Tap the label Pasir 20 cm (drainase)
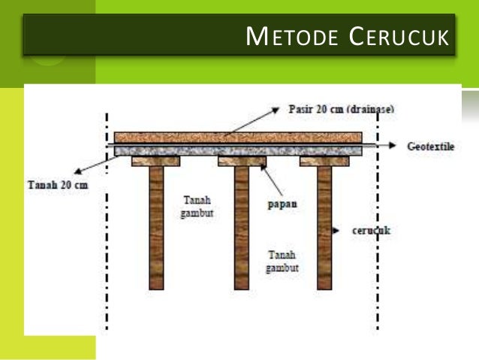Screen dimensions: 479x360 coord(341,109)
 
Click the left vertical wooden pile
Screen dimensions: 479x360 coord(156,225)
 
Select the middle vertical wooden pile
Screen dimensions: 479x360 coord(241,225)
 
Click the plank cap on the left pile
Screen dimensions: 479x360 coord(156,161)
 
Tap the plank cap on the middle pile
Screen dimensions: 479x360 coord(241,161)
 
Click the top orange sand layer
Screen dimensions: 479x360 coord(239,138)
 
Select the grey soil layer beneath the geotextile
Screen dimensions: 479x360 coord(239,150)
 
